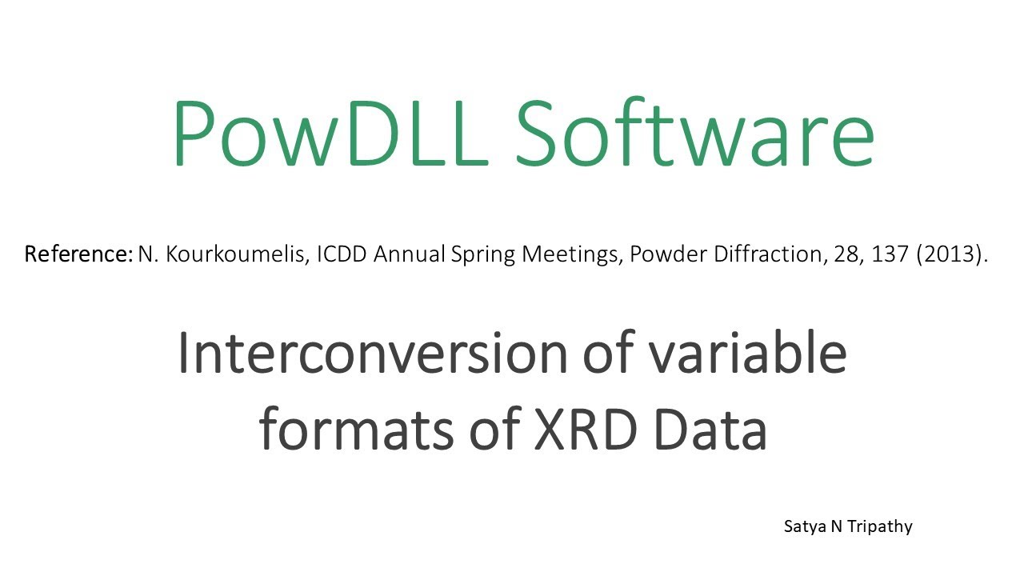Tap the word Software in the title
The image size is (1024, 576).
pos(694,132)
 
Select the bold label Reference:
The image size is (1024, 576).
pos(78,255)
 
